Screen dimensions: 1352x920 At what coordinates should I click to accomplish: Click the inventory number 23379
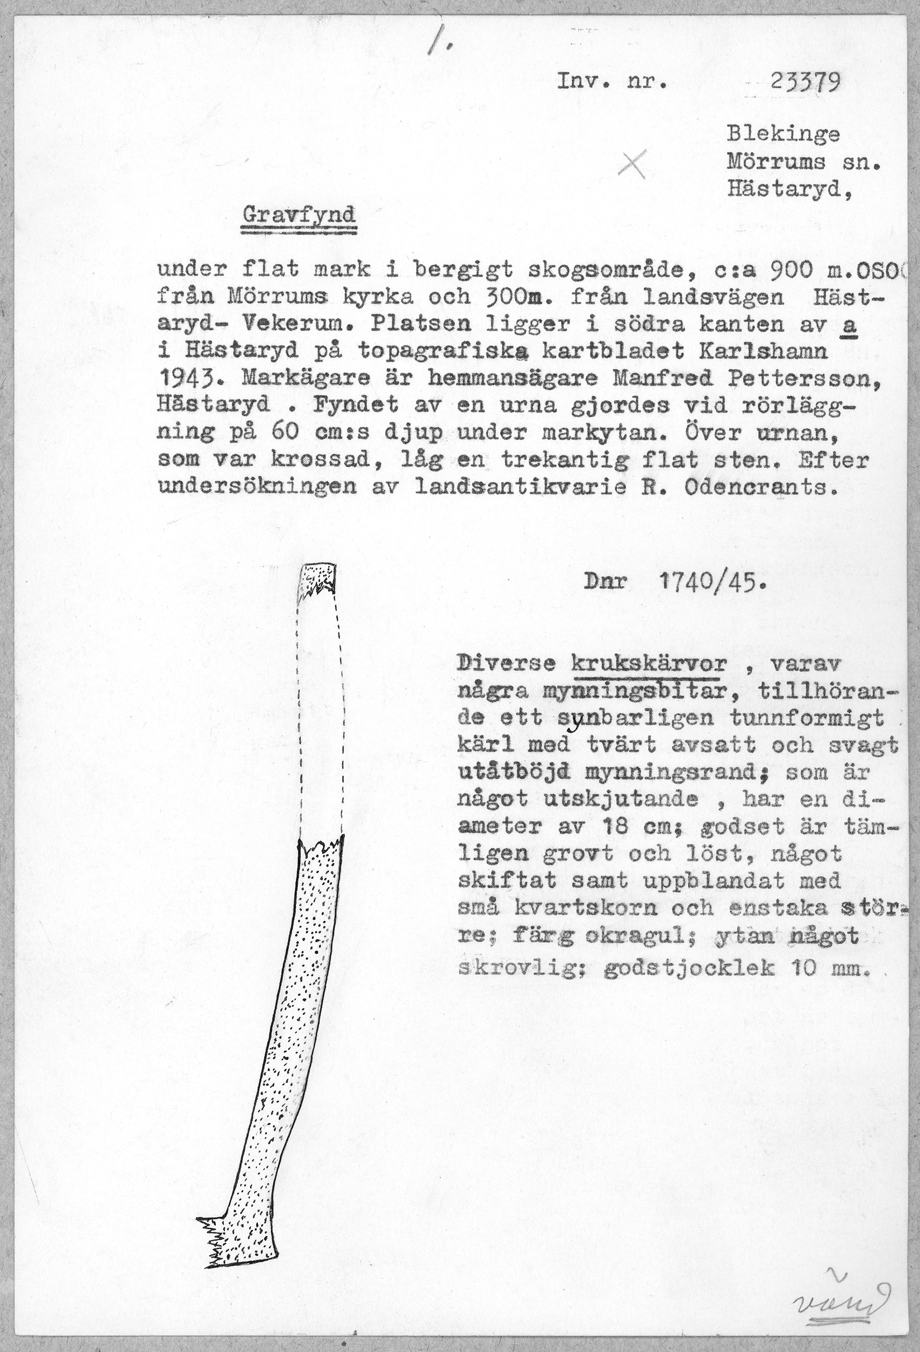click(x=806, y=85)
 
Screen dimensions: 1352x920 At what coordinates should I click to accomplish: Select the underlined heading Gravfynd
click(x=299, y=216)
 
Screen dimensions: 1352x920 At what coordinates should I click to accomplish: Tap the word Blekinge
click(x=783, y=134)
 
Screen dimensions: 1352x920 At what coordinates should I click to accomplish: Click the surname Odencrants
click(x=761, y=487)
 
